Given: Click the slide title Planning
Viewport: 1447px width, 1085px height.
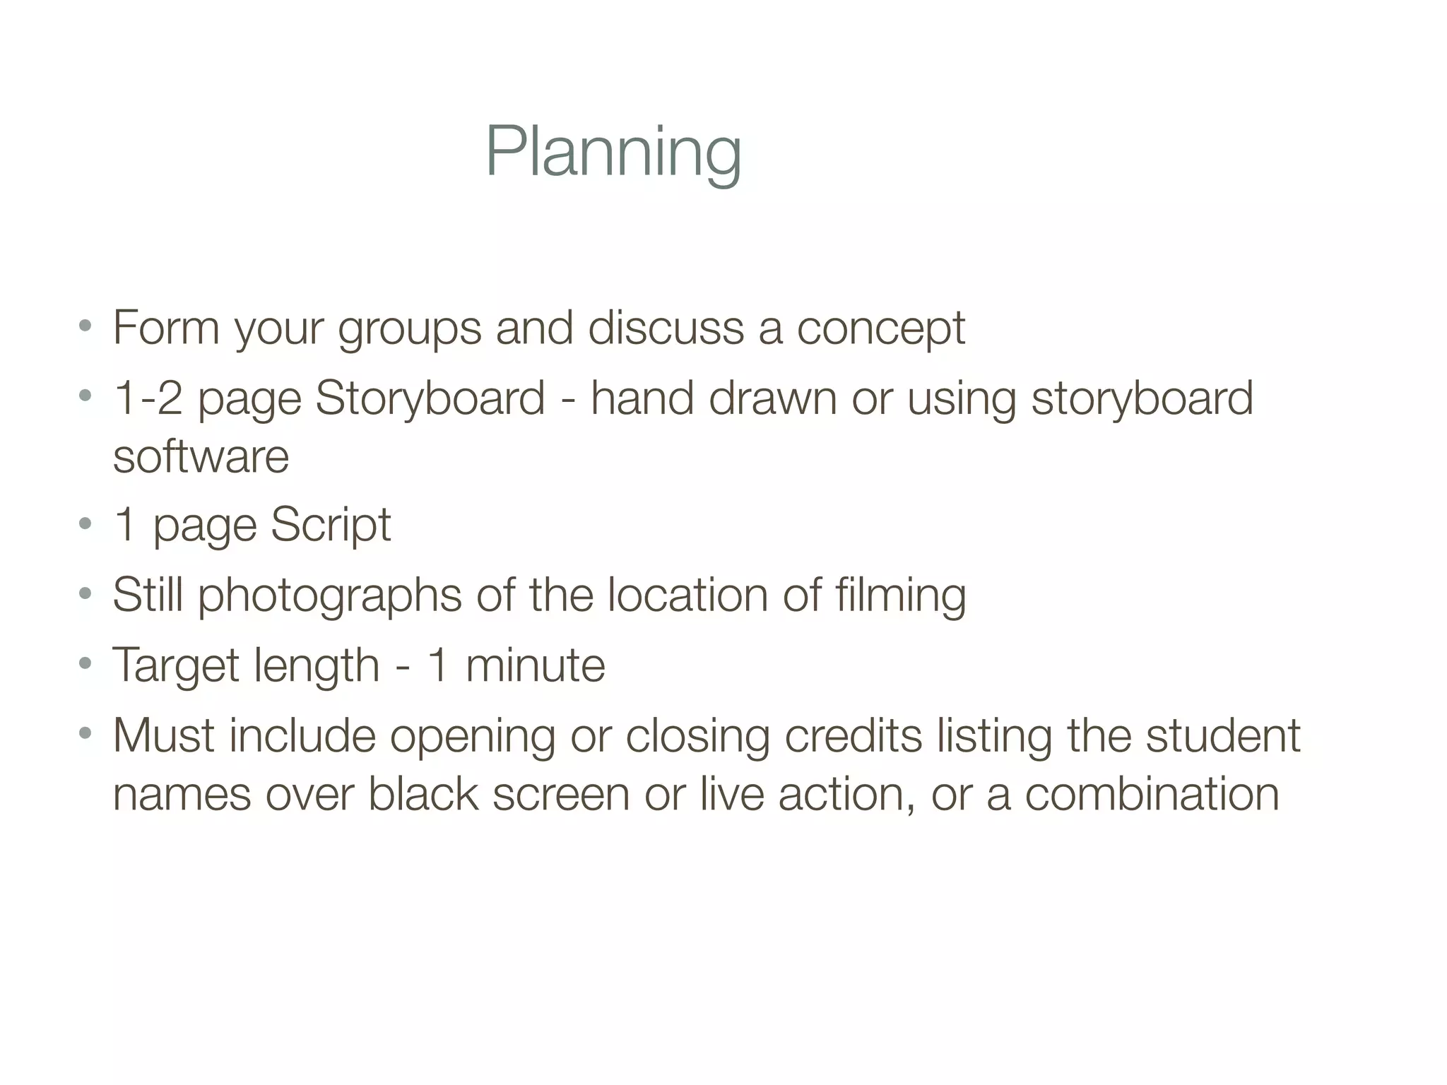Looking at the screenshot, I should tap(613, 153).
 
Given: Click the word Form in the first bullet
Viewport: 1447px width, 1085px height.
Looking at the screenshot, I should tap(166, 328).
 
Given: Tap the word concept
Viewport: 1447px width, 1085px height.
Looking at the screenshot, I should tap(880, 329).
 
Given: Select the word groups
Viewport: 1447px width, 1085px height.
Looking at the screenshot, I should tap(409, 329).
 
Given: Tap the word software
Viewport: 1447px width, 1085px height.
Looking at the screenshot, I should tap(201, 456).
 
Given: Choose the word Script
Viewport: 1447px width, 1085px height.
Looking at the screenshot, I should tap(330, 525).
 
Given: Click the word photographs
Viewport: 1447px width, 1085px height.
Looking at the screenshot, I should tap(329, 595).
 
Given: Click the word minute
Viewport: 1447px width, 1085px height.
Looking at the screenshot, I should tap(535, 666).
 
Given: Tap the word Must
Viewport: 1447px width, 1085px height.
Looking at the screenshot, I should tap(163, 735).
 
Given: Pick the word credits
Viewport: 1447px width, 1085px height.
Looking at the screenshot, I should tap(854, 735).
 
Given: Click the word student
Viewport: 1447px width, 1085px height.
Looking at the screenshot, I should tap(1222, 735).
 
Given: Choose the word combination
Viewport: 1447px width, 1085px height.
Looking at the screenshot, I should tap(1152, 794).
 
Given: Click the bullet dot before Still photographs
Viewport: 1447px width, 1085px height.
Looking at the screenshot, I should tap(85, 593).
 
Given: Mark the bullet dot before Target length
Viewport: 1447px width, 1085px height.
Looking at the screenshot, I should tap(85, 664).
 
